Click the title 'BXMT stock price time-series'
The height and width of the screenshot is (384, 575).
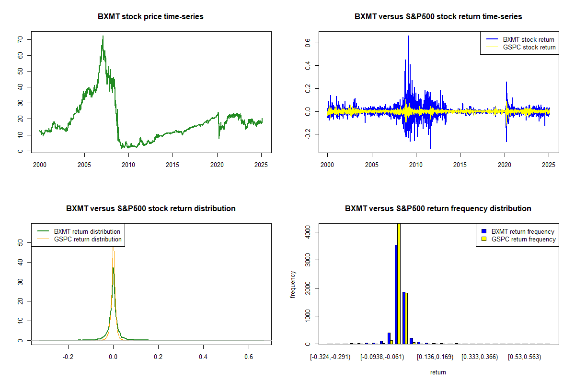150,17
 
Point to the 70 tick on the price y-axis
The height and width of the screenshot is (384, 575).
20,40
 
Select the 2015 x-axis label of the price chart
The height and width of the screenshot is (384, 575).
172,165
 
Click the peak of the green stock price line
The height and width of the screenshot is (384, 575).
103,36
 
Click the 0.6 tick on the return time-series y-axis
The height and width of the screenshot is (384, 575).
308,43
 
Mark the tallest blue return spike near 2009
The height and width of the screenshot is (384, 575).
409,36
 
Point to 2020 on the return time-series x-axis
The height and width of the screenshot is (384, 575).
505,165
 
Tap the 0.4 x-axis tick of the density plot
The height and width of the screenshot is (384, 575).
203,357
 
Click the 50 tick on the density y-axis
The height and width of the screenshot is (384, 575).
20,242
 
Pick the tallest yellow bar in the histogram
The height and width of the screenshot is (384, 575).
399,284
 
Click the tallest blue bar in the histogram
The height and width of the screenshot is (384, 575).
396,294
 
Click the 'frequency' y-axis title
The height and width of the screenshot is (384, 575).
293,284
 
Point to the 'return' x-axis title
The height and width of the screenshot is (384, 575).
438,372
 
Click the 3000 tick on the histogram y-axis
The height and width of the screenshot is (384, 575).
308,260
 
